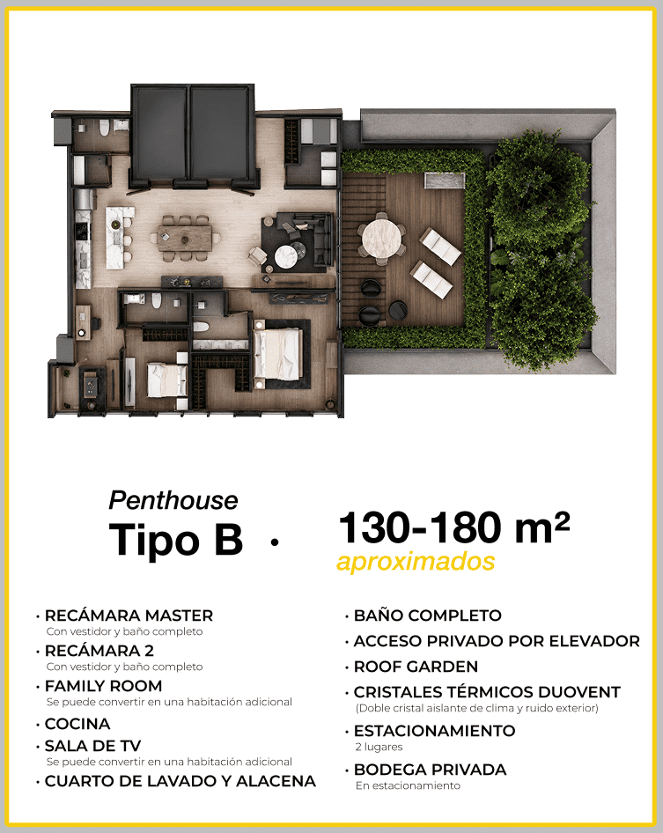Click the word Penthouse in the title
(x=173, y=501)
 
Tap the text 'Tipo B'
(x=176, y=539)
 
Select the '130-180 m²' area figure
(x=454, y=528)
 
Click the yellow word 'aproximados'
(x=416, y=562)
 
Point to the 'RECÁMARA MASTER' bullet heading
(x=129, y=616)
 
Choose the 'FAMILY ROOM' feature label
(x=104, y=686)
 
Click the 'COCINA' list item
(x=77, y=724)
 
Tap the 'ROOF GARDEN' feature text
(x=416, y=667)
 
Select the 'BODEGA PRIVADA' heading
(x=431, y=770)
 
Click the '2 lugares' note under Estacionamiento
(x=379, y=747)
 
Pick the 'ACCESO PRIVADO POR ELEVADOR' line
(x=497, y=641)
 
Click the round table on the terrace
(x=381, y=239)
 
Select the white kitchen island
(x=115, y=238)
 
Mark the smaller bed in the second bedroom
(x=166, y=380)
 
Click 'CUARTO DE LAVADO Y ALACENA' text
(x=180, y=781)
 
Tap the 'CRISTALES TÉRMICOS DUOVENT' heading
(x=487, y=692)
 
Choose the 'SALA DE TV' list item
(x=93, y=746)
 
